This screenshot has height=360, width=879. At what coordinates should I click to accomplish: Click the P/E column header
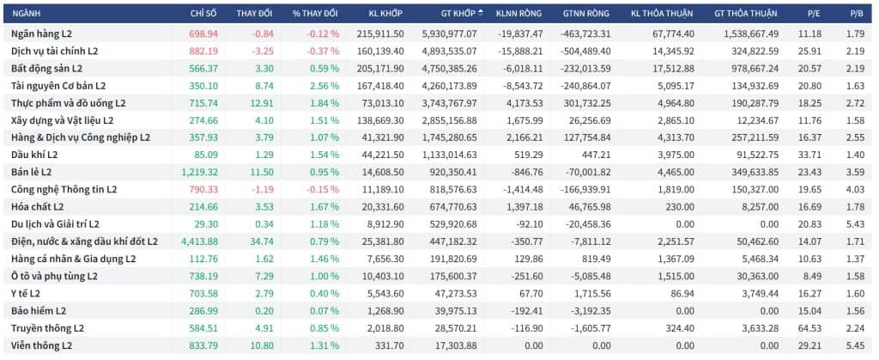click(810, 14)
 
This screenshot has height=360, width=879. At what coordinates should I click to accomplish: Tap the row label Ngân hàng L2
click(41, 34)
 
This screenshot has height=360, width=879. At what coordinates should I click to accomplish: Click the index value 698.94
click(204, 34)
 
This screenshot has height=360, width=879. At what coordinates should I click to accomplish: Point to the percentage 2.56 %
click(323, 86)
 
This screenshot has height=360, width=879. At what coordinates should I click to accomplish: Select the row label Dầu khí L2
click(33, 155)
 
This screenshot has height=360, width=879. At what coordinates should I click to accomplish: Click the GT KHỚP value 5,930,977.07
click(449, 34)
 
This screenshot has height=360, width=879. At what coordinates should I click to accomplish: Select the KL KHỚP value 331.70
click(391, 346)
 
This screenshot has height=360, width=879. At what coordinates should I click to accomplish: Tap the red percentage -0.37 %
click(323, 51)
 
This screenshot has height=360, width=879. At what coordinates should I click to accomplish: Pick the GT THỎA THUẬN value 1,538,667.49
click(750, 34)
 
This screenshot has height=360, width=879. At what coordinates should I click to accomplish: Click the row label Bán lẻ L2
click(32, 172)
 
